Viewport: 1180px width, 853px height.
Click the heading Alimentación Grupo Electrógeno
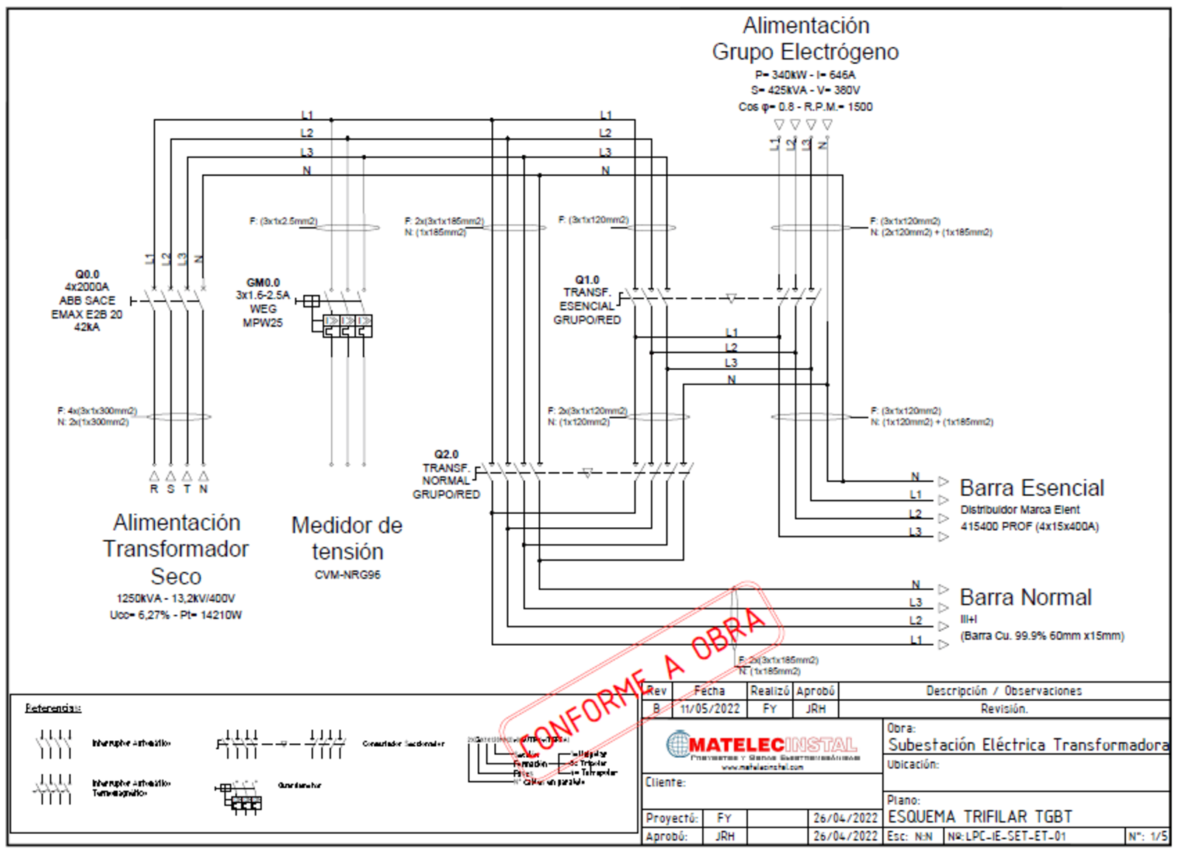[x=805, y=38]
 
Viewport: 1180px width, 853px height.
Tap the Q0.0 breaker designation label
[x=87, y=274]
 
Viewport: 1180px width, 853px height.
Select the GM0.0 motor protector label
[x=263, y=282]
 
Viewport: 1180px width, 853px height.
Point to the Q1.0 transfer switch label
[x=587, y=280]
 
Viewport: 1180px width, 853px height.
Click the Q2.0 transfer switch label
[x=446, y=454]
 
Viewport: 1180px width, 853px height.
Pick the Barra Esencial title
[x=1031, y=488]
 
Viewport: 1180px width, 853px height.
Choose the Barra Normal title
[x=1025, y=597]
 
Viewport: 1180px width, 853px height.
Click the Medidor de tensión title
[x=347, y=538]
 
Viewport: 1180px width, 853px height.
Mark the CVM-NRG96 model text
[x=347, y=575]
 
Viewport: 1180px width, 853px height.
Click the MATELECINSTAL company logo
[x=762, y=746]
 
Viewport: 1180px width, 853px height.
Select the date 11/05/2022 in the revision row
[x=709, y=709]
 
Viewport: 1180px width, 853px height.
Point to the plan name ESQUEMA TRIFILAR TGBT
[x=980, y=817]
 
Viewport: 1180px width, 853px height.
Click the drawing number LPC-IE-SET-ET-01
[x=1007, y=837]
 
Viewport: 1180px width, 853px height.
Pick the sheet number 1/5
[x=1159, y=837]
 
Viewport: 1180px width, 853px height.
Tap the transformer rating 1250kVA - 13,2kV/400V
[x=176, y=599]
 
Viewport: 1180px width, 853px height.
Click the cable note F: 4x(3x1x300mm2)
[x=97, y=411]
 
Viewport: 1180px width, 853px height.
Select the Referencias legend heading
[x=53, y=708]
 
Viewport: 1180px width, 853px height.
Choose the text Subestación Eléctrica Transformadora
[x=1028, y=745]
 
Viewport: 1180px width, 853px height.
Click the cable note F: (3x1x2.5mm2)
[x=283, y=221]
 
